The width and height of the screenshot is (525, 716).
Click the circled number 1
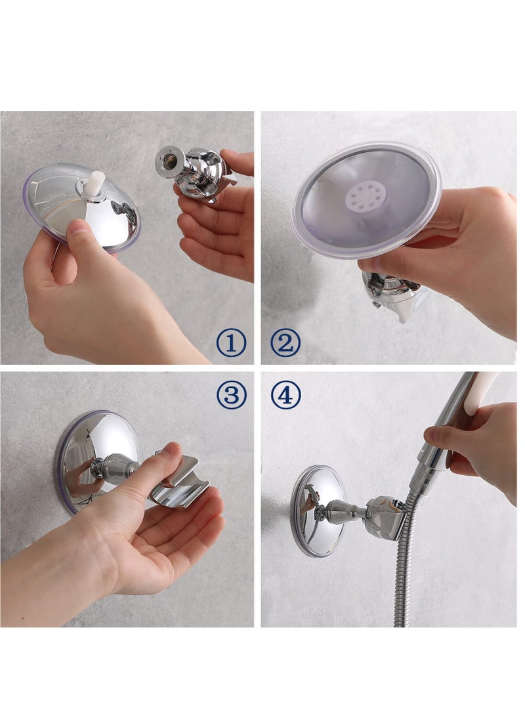(x=232, y=343)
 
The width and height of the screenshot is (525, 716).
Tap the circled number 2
(x=285, y=343)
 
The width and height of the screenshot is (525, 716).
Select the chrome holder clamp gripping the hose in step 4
(x=386, y=516)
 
